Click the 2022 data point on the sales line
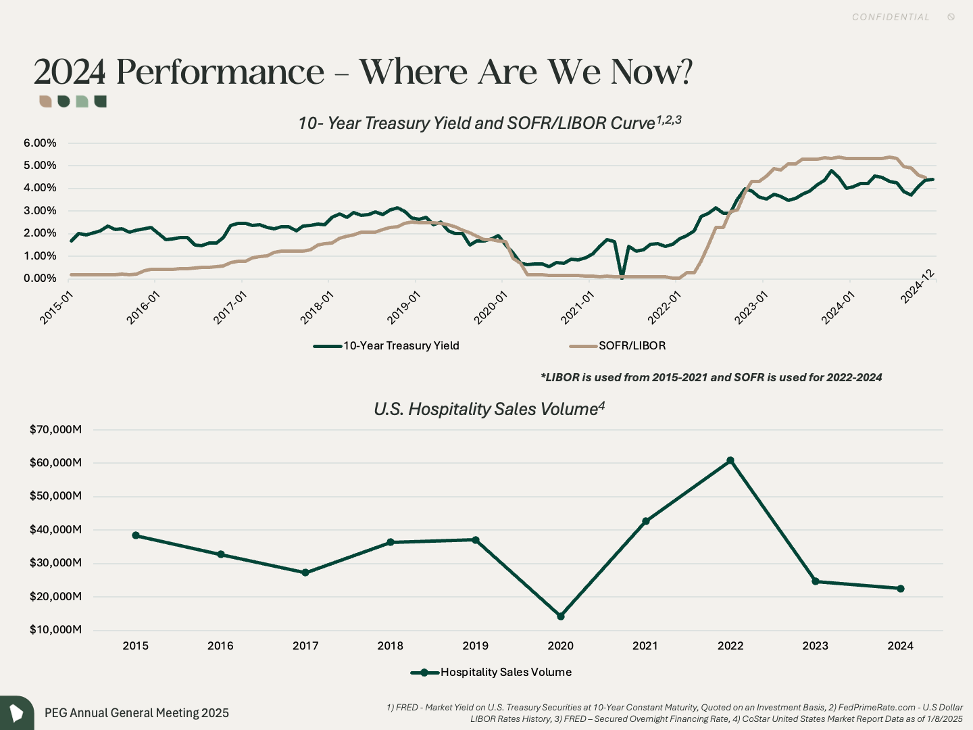pos(730,460)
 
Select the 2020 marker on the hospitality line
pos(561,616)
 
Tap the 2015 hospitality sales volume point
pos(136,535)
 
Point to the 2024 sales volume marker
pos(901,589)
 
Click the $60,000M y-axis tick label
pos(55,463)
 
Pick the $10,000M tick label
pos(55,630)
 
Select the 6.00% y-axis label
pos(40,143)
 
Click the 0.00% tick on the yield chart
pos(40,278)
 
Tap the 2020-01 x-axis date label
pos(490,308)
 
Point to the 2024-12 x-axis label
pos(918,286)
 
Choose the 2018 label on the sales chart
pos(391,646)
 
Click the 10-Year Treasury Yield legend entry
pos(401,346)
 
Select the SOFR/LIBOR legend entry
pos(632,346)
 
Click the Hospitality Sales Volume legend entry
pos(505,673)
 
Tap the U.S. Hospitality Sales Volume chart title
pos(489,410)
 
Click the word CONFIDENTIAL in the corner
pos(891,17)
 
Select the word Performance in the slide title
pos(220,72)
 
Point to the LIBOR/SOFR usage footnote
pos(711,378)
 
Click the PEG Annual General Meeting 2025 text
pos(136,713)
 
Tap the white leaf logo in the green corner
pos(16,713)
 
